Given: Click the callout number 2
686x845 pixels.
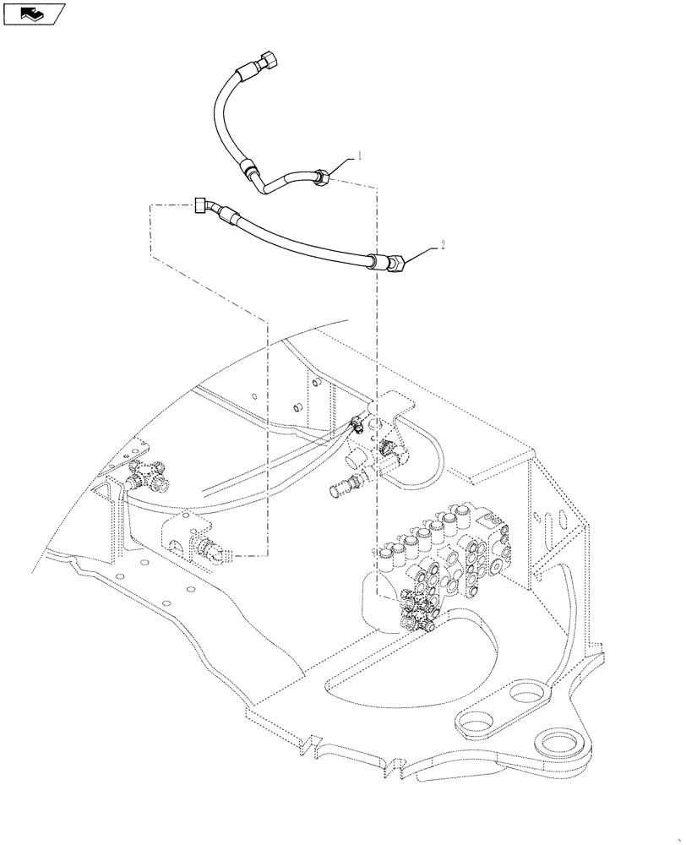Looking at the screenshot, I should pyautogui.click(x=440, y=244).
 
